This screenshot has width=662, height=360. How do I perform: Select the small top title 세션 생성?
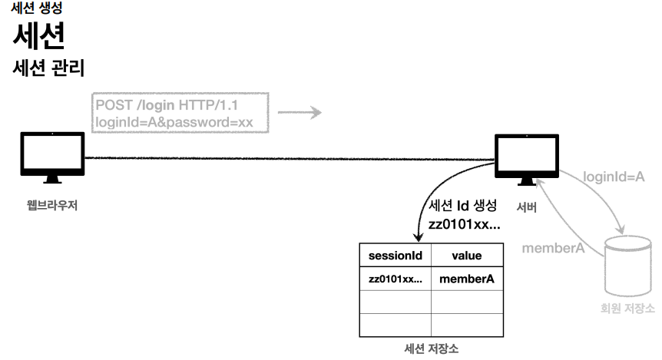tap(38, 8)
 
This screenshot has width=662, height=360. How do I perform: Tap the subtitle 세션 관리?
tap(49, 68)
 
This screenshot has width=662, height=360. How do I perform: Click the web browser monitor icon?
tap(51, 156)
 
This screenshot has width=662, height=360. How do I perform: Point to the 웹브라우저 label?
tap(51, 205)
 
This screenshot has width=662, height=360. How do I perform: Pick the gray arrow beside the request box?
tap(299, 113)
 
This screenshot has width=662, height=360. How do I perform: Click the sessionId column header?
tap(395, 255)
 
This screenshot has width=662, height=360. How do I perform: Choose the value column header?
tap(461, 255)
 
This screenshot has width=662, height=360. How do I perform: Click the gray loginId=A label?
tap(613, 177)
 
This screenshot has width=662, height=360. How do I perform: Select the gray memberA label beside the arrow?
tap(554, 248)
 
